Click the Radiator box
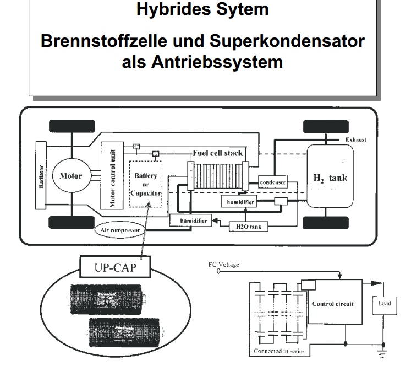(41, 175)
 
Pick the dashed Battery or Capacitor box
(145, 184)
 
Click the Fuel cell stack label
(217, 153)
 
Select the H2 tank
(330, 177)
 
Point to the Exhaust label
(356, 140)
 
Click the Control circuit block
(333, 304)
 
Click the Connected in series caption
(278, 351)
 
